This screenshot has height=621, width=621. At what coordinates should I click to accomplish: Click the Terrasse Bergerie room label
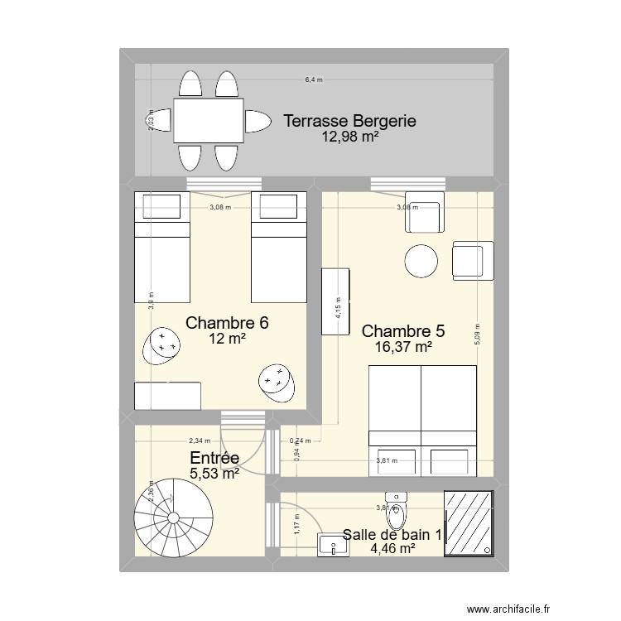coord(349,122)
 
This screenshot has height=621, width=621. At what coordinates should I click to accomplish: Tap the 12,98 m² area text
coord(350,137)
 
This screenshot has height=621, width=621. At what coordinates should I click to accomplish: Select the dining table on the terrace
coord(208,121)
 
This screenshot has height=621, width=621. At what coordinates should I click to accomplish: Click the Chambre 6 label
coord(227,323)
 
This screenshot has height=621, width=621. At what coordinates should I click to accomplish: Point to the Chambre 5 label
coord(403,331)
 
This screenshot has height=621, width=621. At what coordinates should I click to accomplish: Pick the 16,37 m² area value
coord(403,348)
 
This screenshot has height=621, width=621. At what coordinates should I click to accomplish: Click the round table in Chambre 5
coord(421,262)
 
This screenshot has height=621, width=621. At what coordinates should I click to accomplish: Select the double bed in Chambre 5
coord(422,421)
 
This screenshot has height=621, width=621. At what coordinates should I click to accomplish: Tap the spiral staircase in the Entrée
coord(171,518)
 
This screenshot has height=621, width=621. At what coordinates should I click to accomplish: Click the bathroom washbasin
coord(333,544)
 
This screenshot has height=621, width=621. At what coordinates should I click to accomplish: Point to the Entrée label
coord(214,458)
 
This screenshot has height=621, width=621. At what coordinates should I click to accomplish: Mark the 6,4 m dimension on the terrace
coord(314,80)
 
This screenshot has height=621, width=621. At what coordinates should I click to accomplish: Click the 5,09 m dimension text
coord(477,332)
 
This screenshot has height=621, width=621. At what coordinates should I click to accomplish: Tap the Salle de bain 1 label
coord(392,535)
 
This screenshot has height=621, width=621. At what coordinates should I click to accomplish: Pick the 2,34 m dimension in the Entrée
coord(200,441)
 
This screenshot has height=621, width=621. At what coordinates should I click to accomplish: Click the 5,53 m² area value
coord(214,474)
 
